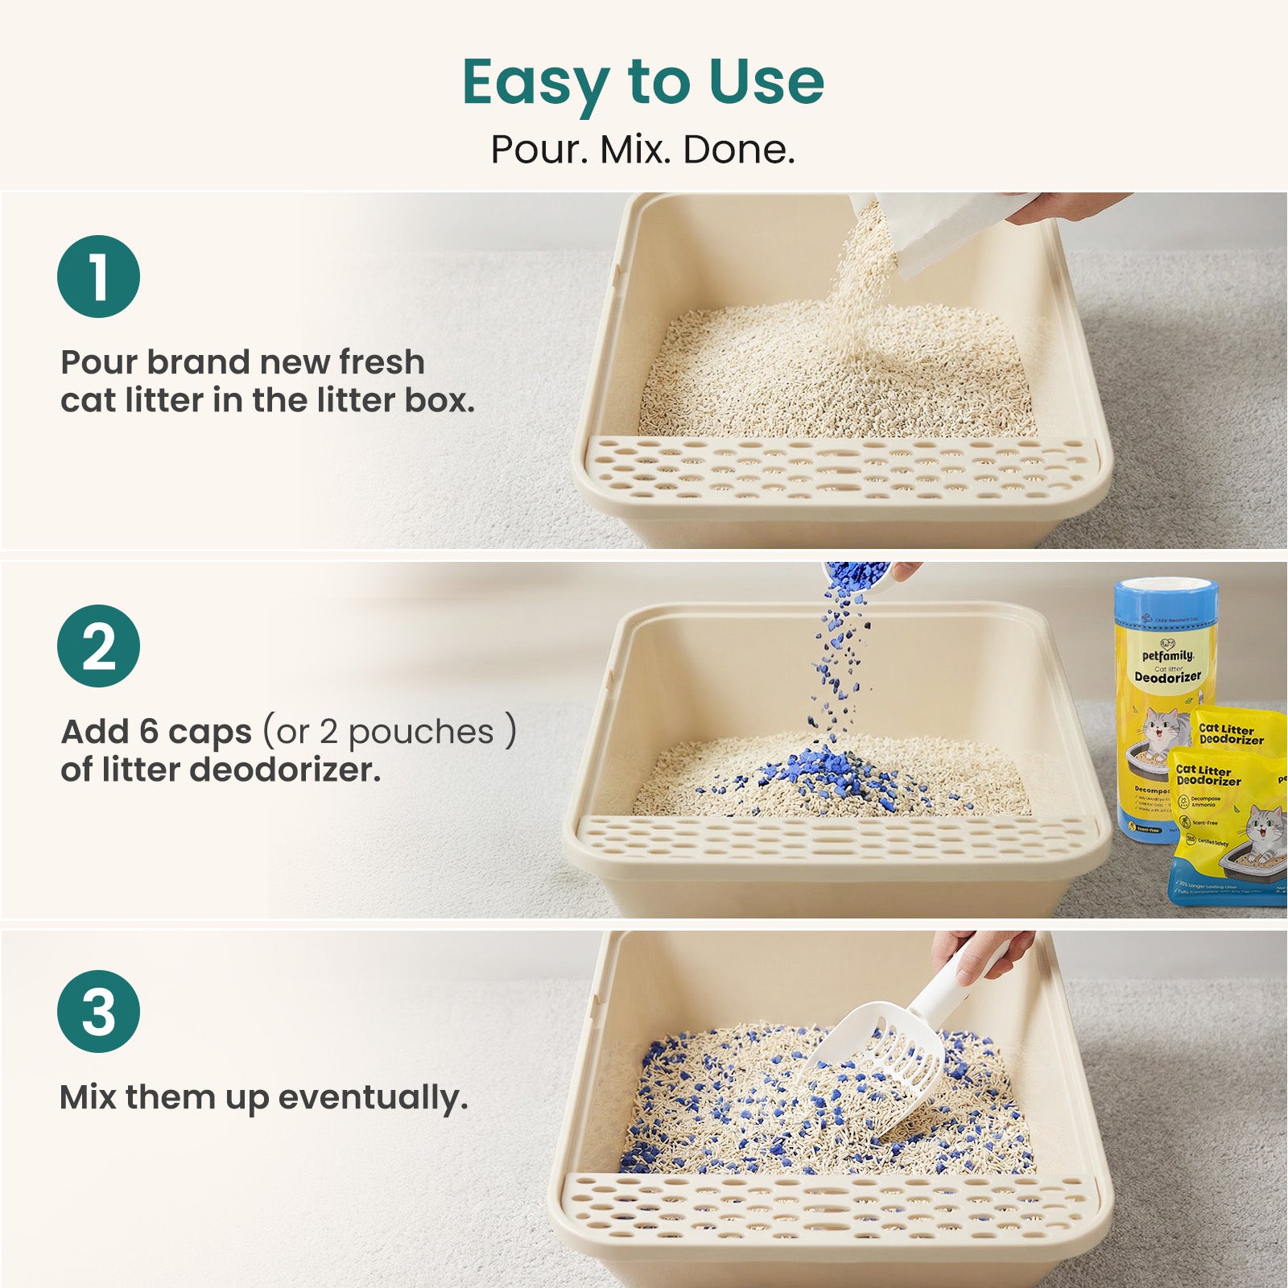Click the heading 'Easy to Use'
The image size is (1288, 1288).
643,82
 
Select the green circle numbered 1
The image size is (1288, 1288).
98,276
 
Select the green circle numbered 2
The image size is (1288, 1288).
98,646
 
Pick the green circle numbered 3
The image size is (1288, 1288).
98,1011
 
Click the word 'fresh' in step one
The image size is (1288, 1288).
381,362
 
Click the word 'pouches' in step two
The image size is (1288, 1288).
420,732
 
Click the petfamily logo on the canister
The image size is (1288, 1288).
1167,650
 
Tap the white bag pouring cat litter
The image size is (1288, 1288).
950,229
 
